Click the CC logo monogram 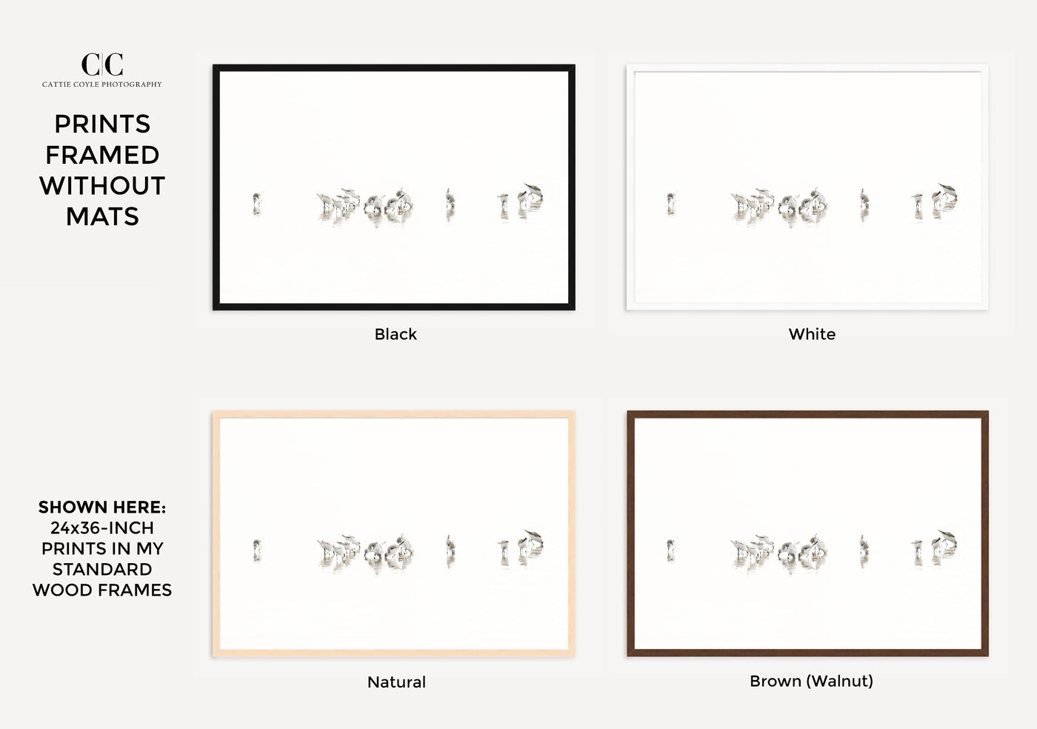[102, 64]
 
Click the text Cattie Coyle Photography [102, 84]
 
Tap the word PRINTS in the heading [102, 124]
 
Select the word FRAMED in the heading [102, 155]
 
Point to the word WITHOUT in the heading [102, 185]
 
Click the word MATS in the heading [102, 216]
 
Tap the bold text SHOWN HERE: [102, 507]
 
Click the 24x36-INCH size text [102, 528]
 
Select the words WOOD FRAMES [102, 590]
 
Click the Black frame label [396, 334]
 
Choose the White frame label [812, 334]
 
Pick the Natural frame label [396, 682]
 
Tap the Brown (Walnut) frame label [812, 681]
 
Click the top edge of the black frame [394, 67]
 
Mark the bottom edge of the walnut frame [808, 653]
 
